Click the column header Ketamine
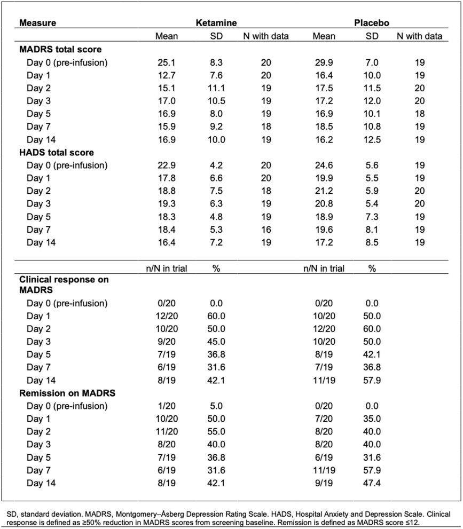click(216, 23)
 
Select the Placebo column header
click(371, 23)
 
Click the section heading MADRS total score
click(60, 50)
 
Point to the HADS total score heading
click(58, 152)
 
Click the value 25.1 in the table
click(166, 62)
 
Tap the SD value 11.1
click(216, 88)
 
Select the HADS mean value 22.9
click(166, 165)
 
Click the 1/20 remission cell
click(166, 406)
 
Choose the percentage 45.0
click(216, 341)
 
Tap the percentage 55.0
click(216, 432)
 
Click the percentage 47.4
click(372, 483)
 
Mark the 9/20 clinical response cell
click(166, 341)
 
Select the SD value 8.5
click(372, 242)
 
